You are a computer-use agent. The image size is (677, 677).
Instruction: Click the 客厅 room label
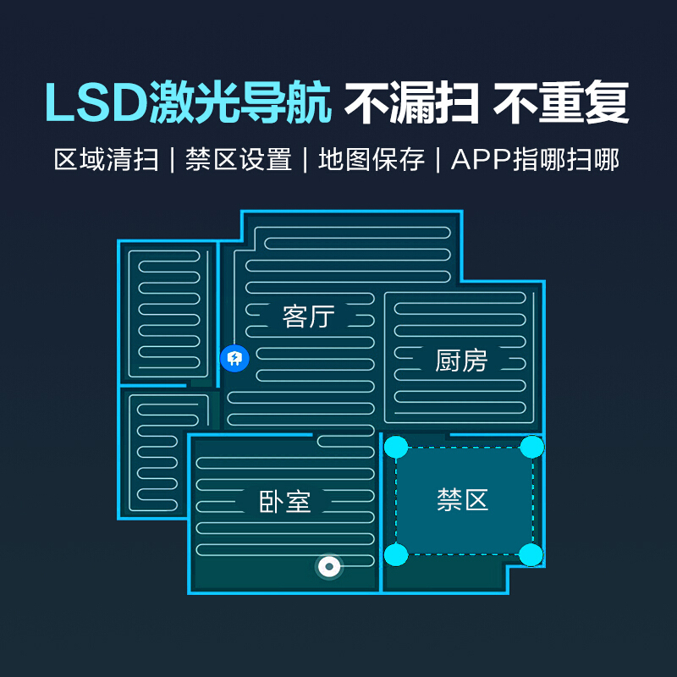click(309, 317)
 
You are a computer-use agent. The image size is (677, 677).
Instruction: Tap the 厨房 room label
click(462, 361)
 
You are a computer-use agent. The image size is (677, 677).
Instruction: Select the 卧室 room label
click(284, 502)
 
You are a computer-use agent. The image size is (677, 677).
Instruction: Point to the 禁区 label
click(463, 499)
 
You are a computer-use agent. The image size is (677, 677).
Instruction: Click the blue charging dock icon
click(234, 359)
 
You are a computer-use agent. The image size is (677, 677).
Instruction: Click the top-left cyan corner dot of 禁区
click(395, 447)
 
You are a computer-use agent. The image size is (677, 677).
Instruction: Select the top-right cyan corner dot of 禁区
click(531, 446)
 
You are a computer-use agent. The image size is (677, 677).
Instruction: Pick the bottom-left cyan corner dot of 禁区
click(395, 555)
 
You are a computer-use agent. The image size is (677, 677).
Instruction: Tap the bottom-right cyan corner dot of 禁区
click(531, 555)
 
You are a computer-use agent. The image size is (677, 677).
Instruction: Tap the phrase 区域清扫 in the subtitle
click(106, 160)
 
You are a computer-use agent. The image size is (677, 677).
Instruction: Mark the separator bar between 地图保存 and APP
click(438, 160)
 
